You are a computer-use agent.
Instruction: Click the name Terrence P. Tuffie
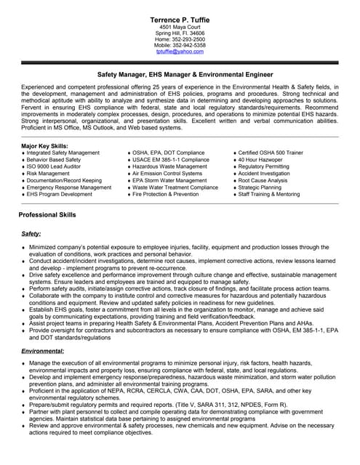click(x=180, y=17)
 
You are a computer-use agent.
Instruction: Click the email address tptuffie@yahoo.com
click(x=180, y=52)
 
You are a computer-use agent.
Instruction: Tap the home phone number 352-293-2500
click(x=180, y=39)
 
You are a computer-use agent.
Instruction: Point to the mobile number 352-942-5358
click(x=180, y=45)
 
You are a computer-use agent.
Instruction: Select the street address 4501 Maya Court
click(x=180, y=26)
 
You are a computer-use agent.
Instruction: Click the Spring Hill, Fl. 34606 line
click(x=180, y=33)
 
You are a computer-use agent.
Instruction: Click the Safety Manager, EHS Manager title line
click(x=180, y=75)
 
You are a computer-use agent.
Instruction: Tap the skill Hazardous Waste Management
click(x=169, y=166)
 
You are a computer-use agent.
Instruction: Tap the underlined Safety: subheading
click(x=31, y=233)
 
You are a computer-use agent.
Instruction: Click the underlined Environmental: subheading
click(x=43, y=350)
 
